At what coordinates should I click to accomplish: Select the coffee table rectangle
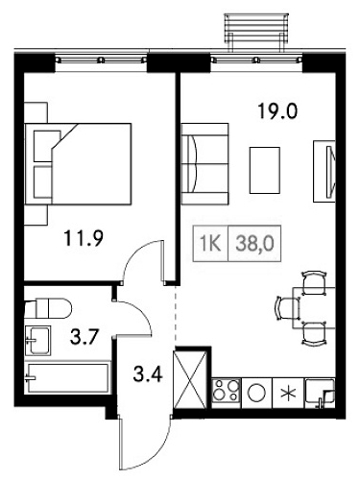[x=263, y=169]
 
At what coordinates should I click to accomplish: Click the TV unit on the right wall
[x=324, y=169]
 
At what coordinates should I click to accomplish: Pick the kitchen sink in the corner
[x=317, y=392]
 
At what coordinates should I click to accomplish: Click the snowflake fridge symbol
[x=287, y=393]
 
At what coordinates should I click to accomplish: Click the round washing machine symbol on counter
[x=257, y=393]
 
